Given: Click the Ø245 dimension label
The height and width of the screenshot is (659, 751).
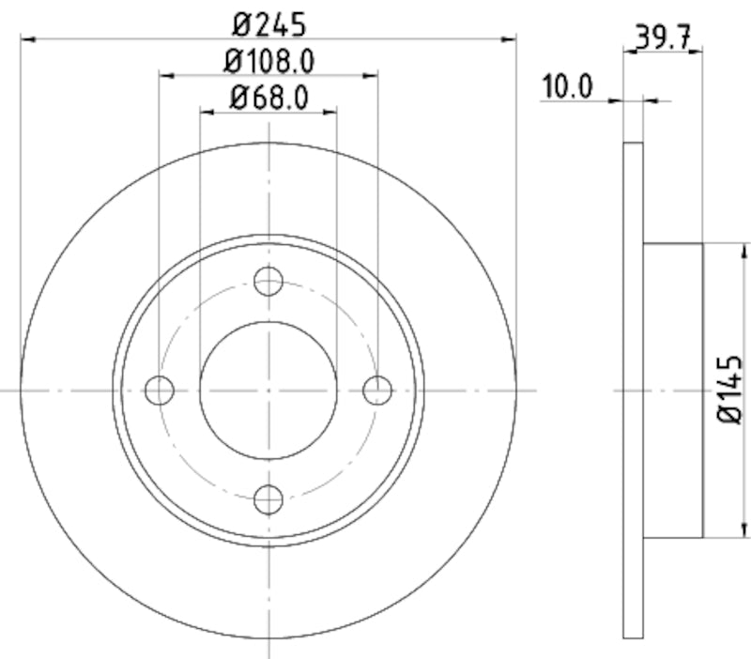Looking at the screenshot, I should pyautogui.click(x=268, y=21).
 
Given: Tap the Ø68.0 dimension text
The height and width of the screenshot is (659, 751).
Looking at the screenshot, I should pyautogui.click(x=268, y=97).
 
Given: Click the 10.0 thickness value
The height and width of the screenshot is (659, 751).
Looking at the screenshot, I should pyautogui.click(x=567, y=88).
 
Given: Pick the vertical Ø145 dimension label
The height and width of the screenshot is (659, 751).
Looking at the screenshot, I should pyautogui.click(x=730, y=390).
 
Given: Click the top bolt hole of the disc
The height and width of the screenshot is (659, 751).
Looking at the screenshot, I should pyautogui.click(x=269, y=280).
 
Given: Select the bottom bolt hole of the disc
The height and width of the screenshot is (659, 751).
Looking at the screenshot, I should pyautogui.click(x=269, y=498).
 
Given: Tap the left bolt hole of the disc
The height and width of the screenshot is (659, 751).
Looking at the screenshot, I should pyautogui.click(x=161, y=389).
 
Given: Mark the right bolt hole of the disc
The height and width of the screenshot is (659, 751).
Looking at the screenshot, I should pyautogui.click(x=377, y=389).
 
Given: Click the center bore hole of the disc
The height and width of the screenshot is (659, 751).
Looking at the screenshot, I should pyautogui.click(x=268, y=389).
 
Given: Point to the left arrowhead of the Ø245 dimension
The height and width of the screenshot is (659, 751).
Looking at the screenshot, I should pyautogui.click(x=27, y=38).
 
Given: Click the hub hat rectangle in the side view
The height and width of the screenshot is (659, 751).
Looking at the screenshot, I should pyautogui.click(x=673, y=390).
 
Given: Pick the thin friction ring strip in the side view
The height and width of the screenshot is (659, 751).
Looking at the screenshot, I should pyautogui.click(x=634, y=390).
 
